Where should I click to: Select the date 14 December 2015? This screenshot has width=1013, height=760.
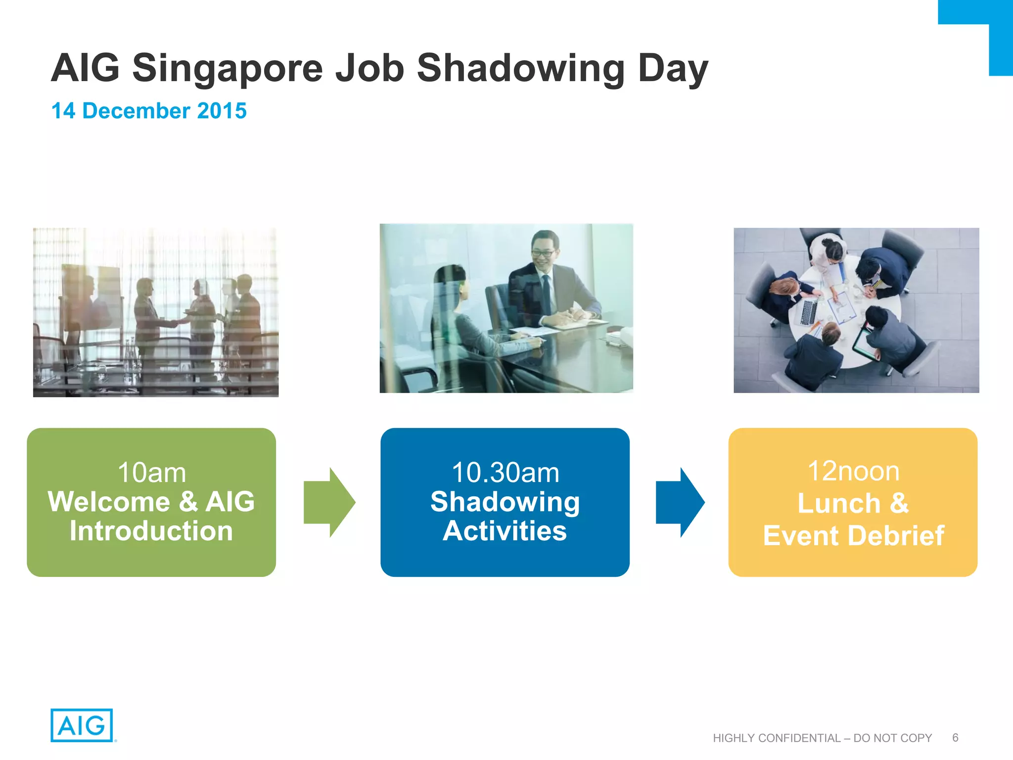pos(149,111)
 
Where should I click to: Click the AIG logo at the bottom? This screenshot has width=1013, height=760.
pos(82,725)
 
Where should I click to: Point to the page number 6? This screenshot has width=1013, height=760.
pos(955,738)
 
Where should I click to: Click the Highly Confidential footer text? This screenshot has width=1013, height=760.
pos(822,738)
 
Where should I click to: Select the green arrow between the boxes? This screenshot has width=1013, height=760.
pos(329,502)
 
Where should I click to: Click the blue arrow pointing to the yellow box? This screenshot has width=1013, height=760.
pos(680,502)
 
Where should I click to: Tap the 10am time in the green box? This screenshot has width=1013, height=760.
pos(151,473)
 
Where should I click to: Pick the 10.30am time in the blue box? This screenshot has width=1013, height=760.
pos(505,473)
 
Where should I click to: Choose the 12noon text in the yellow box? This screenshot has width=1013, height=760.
pos(853,471)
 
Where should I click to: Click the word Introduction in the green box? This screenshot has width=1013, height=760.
pos(151,531)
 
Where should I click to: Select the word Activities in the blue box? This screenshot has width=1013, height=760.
pos(505,531)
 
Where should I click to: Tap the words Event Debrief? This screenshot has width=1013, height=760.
pos(853,535)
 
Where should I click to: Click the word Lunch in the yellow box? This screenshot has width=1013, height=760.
pos(839,504)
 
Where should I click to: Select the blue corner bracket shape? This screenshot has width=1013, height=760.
pos(999,30)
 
